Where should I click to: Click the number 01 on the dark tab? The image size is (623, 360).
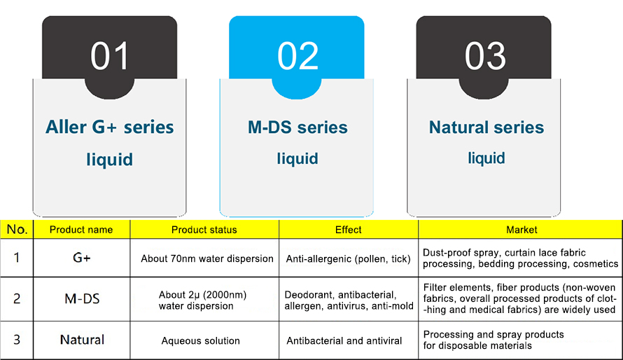pos(110,55)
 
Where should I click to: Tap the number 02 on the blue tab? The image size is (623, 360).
pos(298,55)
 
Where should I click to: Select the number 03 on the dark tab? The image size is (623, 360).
pos(485,55)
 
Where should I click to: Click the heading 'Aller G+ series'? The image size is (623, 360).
pos(110,127)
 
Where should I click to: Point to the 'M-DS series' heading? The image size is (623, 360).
pos(297,127)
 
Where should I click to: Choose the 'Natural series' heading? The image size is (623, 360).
pos(486,127)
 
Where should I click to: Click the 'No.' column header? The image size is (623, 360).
pos(17,229)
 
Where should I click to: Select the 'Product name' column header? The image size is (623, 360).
pos(81,230)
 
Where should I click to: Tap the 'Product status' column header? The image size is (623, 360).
pos(204,230)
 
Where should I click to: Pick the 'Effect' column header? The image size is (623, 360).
pos(349,230)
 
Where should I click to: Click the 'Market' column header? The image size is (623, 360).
pos(521,230)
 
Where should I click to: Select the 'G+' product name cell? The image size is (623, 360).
pos(82,258)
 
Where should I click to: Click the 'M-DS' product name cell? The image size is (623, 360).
pos(82,299)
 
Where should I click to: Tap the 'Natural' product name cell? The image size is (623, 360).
pos(82,340)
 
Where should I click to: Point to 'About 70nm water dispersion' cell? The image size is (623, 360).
pos(207,258)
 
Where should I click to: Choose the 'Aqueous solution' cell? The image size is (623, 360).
pos(201,341)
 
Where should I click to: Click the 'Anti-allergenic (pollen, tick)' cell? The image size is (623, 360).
pos(349,259)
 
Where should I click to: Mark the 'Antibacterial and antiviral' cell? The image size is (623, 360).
pos(344,341)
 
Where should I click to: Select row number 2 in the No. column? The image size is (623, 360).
pos(17,299)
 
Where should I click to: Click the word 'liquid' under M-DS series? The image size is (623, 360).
pos(297,158)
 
